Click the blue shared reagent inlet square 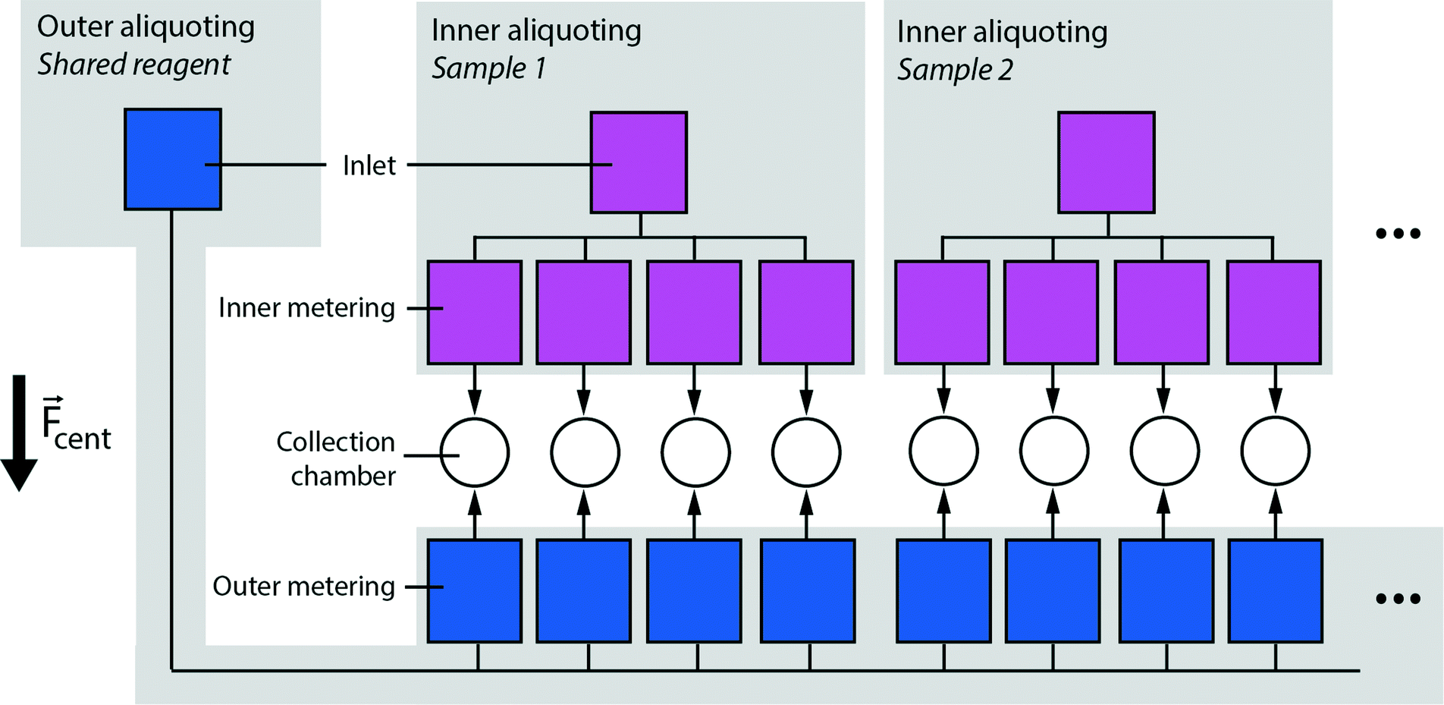click(x=173, y=159)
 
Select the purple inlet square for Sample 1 click(x=639, y=162)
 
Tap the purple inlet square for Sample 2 click(x=1106, y=162)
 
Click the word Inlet click(x=369, y=165)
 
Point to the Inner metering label click(x=306, y=308)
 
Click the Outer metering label click(x=303, y=587)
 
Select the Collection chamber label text click(x=336, y=458)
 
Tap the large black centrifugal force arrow click(x=19, y=433)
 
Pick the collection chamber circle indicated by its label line click(x=475, y=452)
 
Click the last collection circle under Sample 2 click(x=1275, y=452)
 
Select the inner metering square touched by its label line click(x=475, y=313)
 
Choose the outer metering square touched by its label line click(x=475, y=591)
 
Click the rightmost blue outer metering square click(x=1275, y=591)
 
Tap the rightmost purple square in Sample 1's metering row click(x=806, y=313)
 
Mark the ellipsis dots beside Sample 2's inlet click(x=1398, y=234)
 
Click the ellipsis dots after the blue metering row click(x=1398, y=599)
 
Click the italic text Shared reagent click(x=133, y=65)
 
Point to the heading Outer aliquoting click(x=146, y=27)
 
